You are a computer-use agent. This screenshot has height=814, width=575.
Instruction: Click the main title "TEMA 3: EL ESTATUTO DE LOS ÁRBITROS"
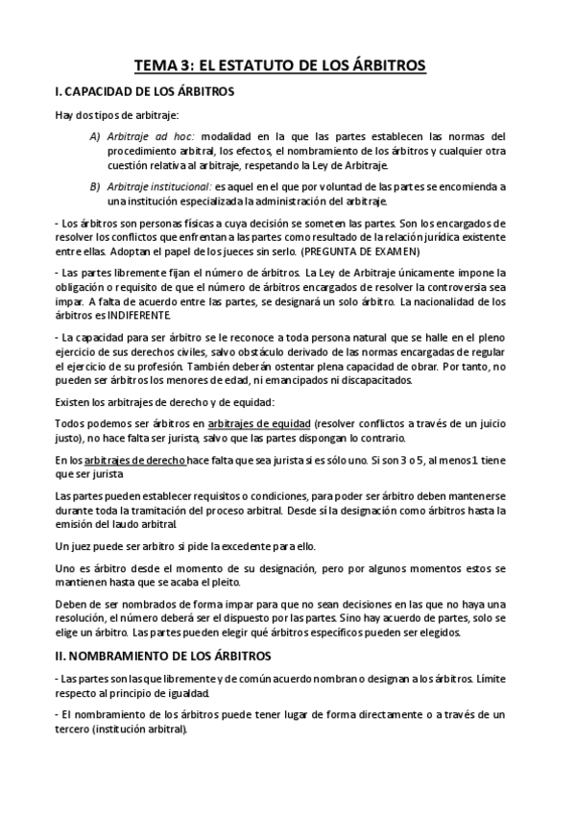pyautogui.click(x=279, y=65)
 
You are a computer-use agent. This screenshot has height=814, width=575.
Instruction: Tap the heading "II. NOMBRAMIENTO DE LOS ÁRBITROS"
pyautogui.click(x=163, y=656)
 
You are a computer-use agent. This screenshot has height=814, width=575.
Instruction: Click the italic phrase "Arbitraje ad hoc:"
pyautogui.click(x=152, y=136)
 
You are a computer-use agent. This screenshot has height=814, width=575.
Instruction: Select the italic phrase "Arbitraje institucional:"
pyautogui.click(x=159, y=186)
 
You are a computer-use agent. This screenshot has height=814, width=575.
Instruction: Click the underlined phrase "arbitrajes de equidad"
pyautogui.click(x=258, y=424)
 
